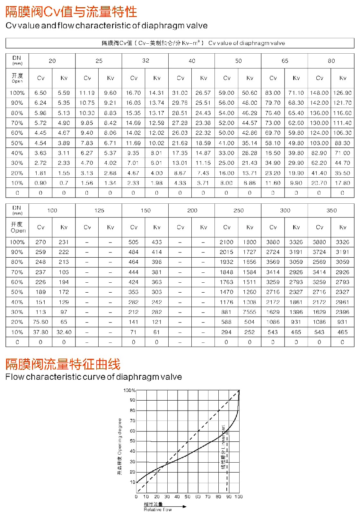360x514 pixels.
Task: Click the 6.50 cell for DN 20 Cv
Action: point(40,93)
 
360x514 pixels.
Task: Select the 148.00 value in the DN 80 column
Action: point(319,93)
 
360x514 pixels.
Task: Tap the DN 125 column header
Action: point(99,210)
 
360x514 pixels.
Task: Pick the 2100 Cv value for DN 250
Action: point(226,242)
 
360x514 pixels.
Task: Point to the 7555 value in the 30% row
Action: point(250,312)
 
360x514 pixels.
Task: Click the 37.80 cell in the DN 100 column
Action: point(40,332)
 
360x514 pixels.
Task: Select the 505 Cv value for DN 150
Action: point(134,242)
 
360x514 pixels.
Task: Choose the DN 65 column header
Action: point(285,61)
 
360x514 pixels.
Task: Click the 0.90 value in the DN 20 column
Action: point(40,183)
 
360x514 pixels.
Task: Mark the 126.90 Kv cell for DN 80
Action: point(342,93)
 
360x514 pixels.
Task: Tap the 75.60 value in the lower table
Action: point(40,322)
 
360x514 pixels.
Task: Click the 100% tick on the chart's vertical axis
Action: point(129,390)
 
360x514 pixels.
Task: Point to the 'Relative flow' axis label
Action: point(158,510)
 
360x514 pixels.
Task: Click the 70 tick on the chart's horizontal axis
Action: point(208,497)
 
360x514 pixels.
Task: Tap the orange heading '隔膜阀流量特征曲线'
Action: point(63,364)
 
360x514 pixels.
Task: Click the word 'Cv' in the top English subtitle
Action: point(11,26)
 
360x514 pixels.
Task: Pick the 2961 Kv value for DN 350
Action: point(342,302)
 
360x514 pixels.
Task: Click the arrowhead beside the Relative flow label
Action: point(184,507)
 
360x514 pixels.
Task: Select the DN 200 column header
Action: point(192,210)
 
